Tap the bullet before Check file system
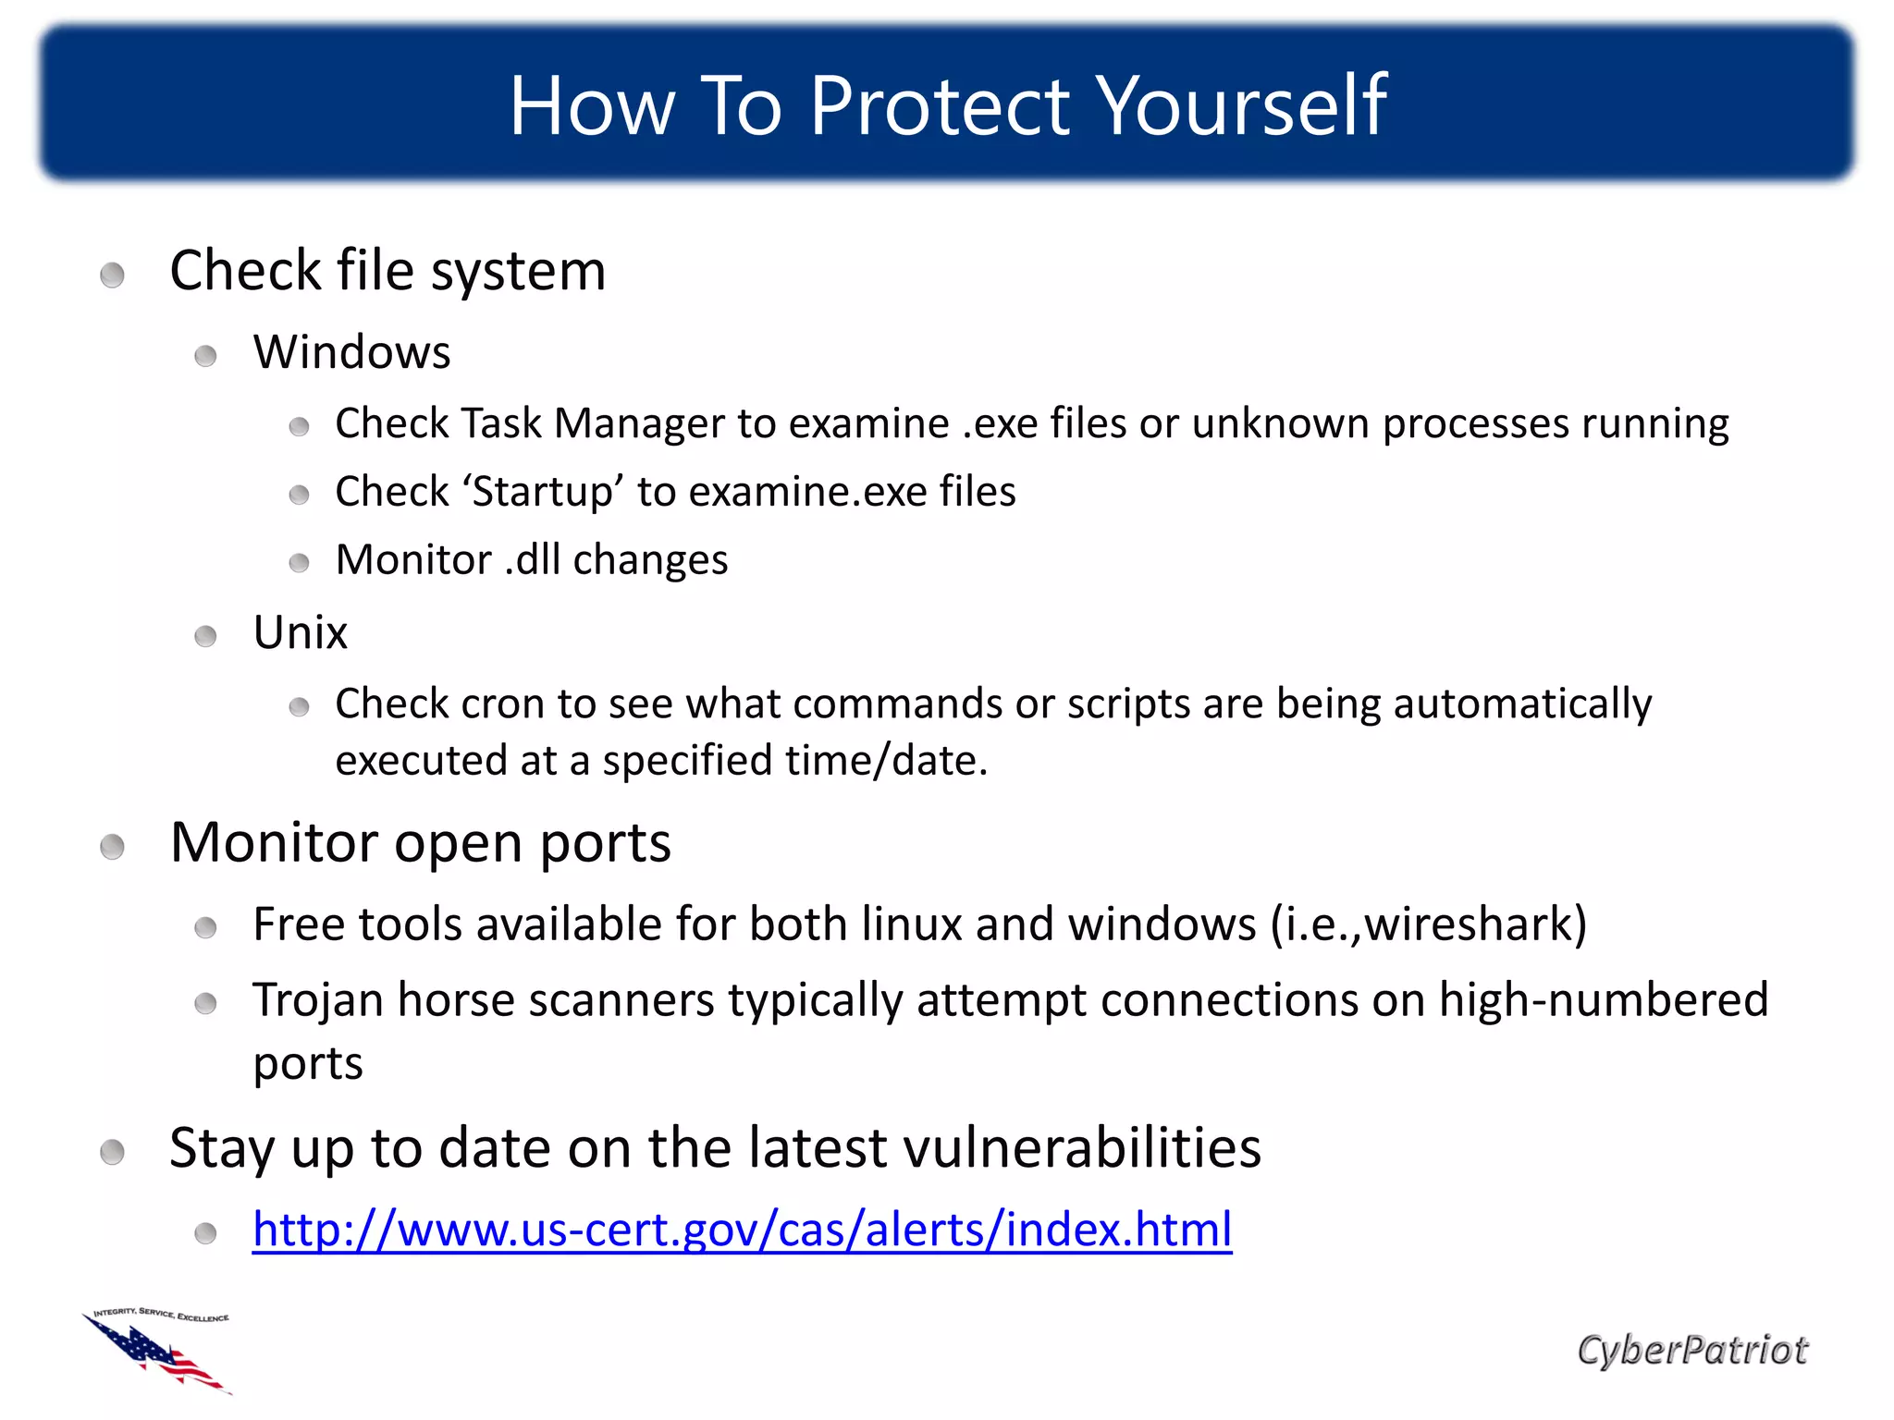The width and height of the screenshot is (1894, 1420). tap(112, 275)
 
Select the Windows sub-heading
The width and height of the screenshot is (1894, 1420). tap(352, 352)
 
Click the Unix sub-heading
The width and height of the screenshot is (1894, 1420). tap(301, 633)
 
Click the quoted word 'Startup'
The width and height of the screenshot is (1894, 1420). tap(543, 492)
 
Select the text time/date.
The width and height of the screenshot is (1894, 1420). tap(886, 761)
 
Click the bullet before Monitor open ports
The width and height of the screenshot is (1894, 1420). tap(112, 846)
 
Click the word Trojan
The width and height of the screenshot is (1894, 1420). tap(317, 1001)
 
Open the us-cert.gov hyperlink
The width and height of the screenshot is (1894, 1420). tap(742, 1230)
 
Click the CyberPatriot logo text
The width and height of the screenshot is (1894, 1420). tap(1691, 1351)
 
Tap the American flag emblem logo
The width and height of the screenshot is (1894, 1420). tap(159, 1352)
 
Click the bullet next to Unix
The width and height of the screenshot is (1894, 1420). tap(205, 636)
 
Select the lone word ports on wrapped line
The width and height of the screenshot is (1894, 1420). tap(308, 1064)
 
